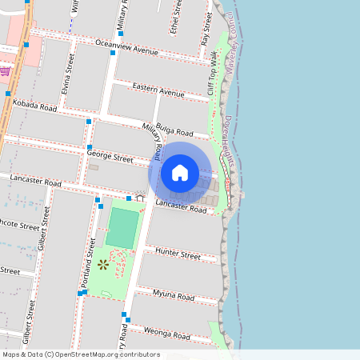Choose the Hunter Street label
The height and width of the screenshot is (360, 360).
(178, 255)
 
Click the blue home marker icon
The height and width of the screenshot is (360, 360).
(180, 172)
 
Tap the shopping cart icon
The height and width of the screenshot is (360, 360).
(6, 70)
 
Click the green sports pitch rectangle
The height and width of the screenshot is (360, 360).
(122, 228)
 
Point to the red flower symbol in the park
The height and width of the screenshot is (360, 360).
(102, 263)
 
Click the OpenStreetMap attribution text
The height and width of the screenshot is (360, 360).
(80, 354)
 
